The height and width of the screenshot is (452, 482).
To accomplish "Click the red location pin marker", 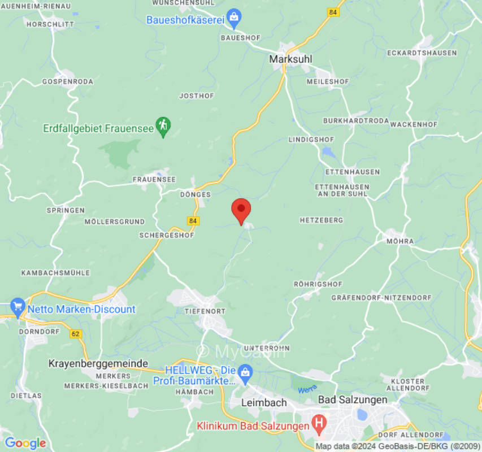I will [241, 211].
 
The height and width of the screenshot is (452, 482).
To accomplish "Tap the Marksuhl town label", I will [290, 59].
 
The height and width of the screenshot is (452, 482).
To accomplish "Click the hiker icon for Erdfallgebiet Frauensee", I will [163, 126].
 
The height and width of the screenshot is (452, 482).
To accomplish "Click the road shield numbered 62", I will [76, 334].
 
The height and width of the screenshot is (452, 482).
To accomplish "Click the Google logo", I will [25, 443].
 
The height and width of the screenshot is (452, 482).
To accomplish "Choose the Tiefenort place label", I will [205, 311].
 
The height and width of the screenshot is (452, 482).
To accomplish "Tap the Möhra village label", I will [400, 241].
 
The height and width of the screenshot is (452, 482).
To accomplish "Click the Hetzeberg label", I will [322, 220].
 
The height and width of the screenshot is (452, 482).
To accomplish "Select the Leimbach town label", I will [264, 403].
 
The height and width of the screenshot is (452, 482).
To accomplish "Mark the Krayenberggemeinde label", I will [98, 363].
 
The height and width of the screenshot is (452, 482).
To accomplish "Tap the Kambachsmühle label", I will [55, 273].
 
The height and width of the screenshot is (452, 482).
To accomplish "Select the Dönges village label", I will [196, 194].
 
